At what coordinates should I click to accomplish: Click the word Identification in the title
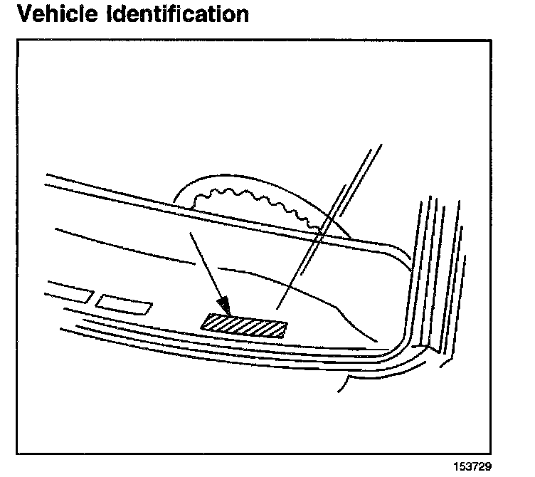point(186,14)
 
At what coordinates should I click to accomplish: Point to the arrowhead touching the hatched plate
point(226,308)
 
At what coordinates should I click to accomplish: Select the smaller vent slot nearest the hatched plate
point(125,304)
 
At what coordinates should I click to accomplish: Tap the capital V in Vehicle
point(26,14)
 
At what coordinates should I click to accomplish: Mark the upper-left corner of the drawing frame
point(17,39)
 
